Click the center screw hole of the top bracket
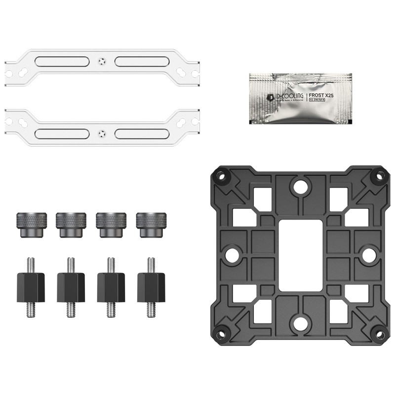tap(102, 62)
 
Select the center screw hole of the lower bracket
tap(102, 133)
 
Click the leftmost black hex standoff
tap(32, 287)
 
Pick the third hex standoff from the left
tap(111, 287)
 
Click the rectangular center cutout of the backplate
tap(300, 255)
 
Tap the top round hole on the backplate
tap(300, 186)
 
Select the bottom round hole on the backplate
tap(300, 324)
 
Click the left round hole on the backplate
tap(231, 255)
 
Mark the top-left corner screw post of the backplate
tap(221, 175)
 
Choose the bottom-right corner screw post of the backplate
tap(380, 334)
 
